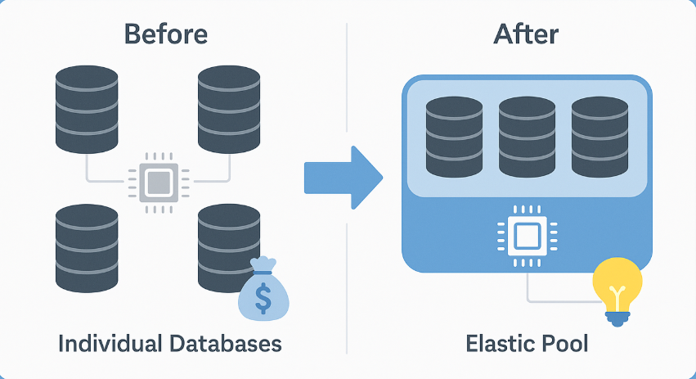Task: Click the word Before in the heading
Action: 165,34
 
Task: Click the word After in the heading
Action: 526,34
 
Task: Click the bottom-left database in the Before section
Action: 87,249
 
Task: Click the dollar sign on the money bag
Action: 263,296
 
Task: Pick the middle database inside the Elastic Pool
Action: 527,137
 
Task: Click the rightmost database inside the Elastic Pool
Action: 599,137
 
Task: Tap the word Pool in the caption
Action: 565,343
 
